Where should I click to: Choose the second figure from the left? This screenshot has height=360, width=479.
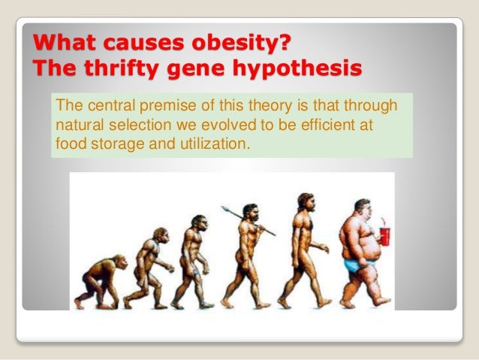pyautogui.click(x=150, y=267)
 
